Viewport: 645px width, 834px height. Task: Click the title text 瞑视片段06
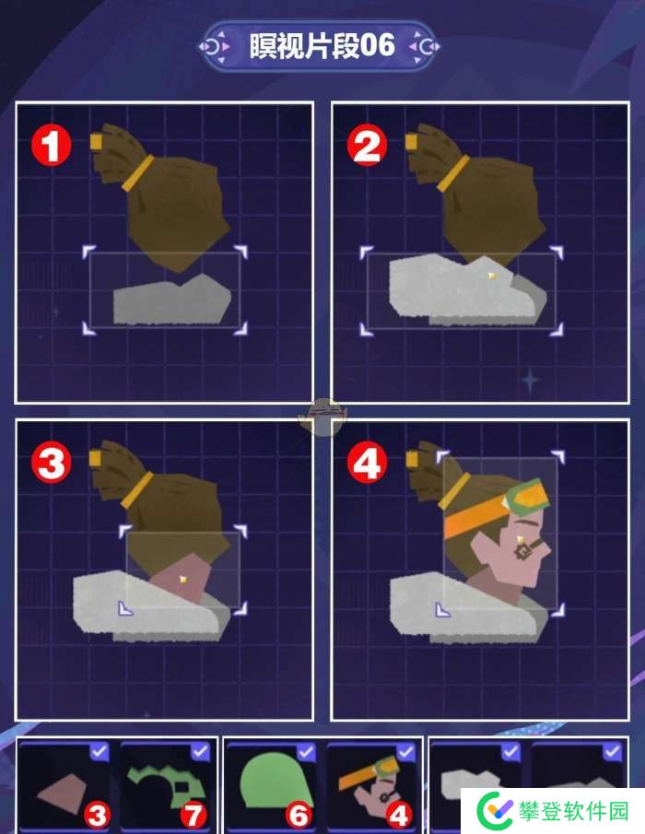[322, 46]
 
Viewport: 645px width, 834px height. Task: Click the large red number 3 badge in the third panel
[51, 463]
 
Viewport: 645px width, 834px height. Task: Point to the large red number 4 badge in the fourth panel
[367, 463]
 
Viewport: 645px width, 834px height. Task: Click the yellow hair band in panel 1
[137, 173]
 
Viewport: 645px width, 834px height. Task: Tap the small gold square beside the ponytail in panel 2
[411, 142]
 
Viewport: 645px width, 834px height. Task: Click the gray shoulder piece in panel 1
[172, 300]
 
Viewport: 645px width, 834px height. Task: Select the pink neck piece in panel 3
[181, 578]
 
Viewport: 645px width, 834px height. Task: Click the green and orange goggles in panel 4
[530, 499]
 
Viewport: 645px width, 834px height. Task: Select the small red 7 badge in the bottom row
[194, 815]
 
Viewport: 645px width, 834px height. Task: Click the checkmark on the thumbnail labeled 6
[306, 752]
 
